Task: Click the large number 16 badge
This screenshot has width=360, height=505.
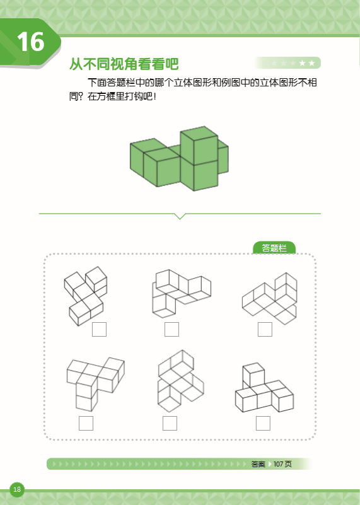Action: tap(30, 42)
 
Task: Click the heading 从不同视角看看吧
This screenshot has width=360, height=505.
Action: tap(124, 64)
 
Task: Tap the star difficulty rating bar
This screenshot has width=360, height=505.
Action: tap(287, 63)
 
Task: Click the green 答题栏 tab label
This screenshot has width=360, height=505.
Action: tap(274, 248)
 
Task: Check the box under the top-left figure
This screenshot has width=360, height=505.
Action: tap(99, 329)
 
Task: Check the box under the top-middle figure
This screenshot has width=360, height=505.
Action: tap(171, 329)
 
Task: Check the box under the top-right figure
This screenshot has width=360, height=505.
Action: tap(265, 329)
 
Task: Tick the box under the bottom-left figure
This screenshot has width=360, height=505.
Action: tap(86, 423)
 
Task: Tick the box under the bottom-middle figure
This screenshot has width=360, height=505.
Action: tap(170, 423)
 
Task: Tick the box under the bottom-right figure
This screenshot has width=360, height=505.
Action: tap(263, 423)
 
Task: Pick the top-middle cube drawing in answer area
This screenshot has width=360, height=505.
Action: tap(180, 293)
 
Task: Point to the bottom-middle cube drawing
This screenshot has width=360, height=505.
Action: tap(179, 381)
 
